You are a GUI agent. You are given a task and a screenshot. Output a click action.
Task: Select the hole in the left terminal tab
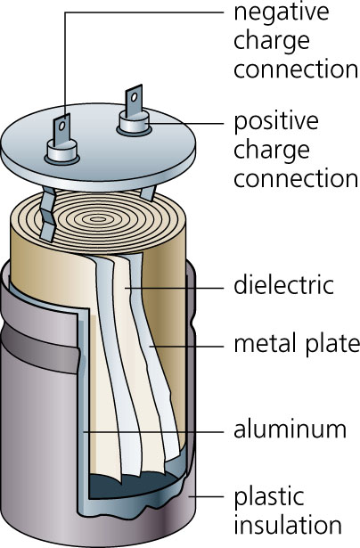pyautogui.click(x=63, y=127)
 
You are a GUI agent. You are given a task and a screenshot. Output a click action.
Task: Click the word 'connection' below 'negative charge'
pyautogui.click(x=295, y=70)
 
